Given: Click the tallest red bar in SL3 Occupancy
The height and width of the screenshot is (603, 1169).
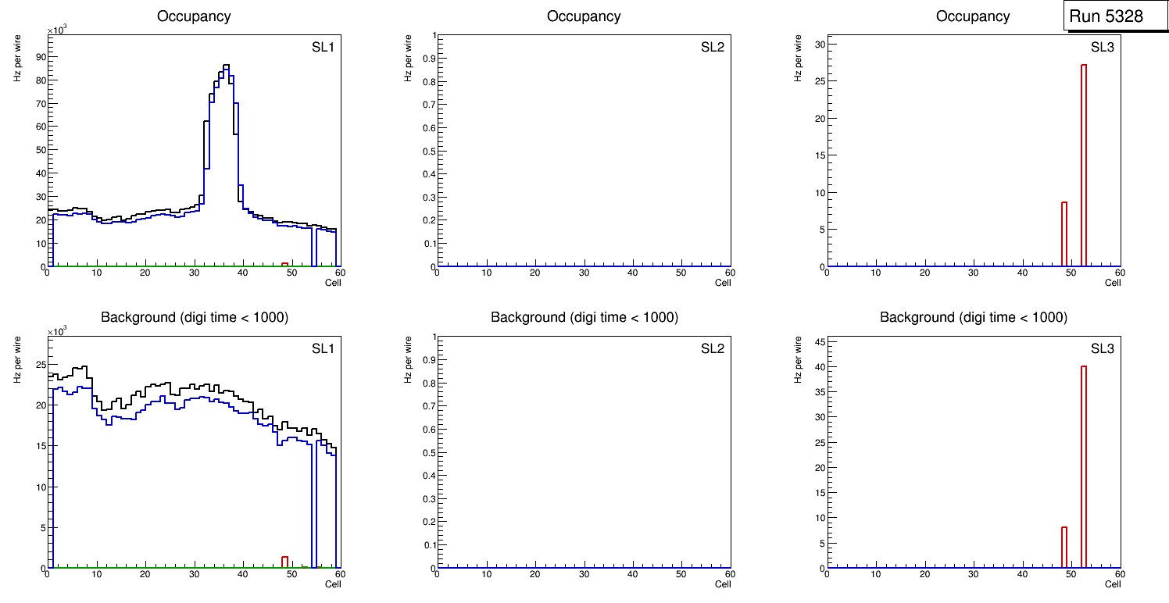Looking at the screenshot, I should [1084, 164].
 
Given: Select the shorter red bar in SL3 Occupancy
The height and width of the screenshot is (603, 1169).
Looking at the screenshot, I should [1064, 234].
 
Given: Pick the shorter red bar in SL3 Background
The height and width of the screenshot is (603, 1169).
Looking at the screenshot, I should [1064, 548].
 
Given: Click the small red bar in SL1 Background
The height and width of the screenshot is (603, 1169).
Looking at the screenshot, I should [284, 562].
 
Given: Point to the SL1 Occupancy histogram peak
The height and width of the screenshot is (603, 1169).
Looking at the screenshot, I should [226, 66].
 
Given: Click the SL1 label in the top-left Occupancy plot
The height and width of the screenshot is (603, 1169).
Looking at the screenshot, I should [323, 48].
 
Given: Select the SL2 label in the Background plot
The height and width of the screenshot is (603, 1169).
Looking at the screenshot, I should [713, 348].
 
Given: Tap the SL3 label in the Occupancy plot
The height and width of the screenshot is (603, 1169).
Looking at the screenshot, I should [1102, 48].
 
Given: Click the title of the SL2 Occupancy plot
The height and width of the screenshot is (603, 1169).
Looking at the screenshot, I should [584, 16].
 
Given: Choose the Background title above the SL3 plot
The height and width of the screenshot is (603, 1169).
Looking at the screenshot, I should [973, 317].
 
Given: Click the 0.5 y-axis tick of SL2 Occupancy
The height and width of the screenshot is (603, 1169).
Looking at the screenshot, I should [428, 151].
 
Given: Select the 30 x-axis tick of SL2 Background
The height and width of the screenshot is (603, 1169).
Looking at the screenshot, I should [584, 575].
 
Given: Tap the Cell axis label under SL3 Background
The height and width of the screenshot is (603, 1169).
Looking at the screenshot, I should [1113, 584].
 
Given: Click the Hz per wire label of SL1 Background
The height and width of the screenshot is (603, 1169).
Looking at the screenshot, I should [16, 359].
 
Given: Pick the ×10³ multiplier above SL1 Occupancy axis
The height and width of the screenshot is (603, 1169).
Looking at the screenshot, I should [58, 30].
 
